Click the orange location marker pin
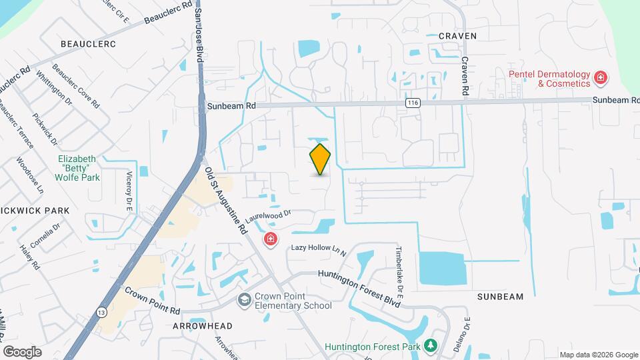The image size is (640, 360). (320, 159)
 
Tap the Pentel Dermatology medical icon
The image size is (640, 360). (601, 79)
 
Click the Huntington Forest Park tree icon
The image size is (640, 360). (431, 345)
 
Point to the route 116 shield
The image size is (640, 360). (413, 103)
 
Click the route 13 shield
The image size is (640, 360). (101, 311)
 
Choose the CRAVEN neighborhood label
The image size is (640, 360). (457, 36)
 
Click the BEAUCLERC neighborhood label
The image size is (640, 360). (88, 44)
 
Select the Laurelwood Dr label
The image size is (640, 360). (269, 216)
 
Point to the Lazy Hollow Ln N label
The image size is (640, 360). (319, 250)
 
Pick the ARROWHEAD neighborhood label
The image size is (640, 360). (202, 326)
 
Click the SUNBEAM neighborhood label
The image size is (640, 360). (500, 296)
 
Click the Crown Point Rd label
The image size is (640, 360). (153, 301)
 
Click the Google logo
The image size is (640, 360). (22, 351)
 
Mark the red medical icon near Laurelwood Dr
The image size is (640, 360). (271, 239)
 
